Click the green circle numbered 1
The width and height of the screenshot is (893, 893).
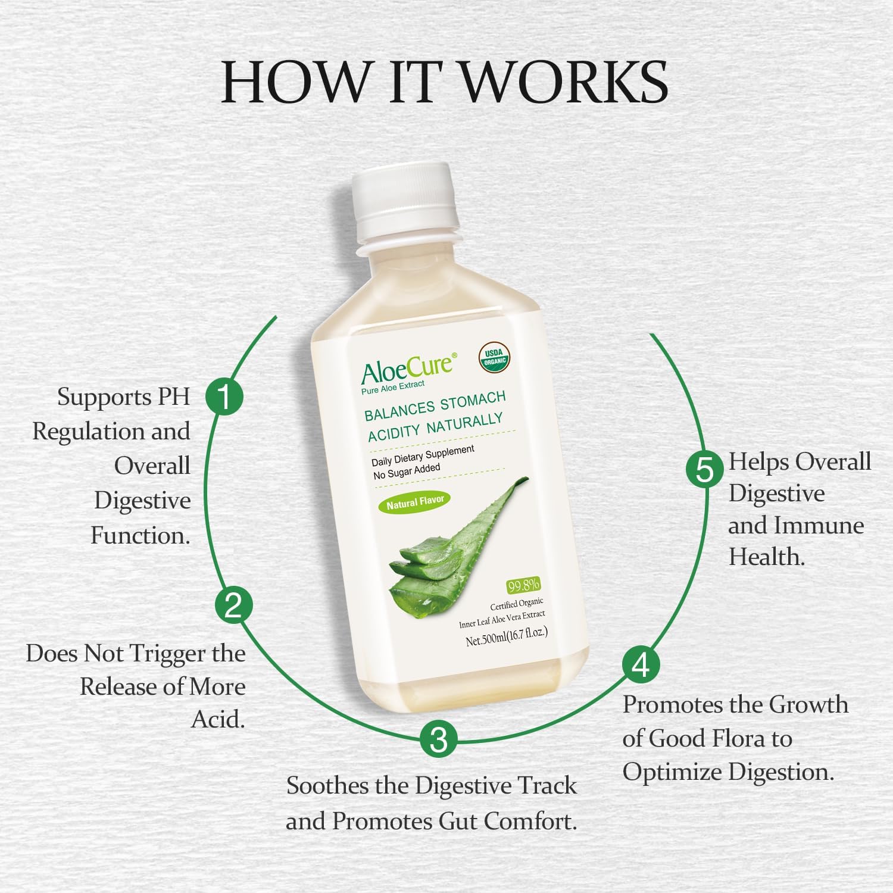[224, 396]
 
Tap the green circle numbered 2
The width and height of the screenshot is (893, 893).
[233, 605]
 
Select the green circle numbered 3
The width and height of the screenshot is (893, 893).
[439, 740]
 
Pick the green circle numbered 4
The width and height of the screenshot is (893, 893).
[641, 665]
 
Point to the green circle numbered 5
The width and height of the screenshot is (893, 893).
[705, 469]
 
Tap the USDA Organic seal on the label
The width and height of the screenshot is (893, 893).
[494, 357]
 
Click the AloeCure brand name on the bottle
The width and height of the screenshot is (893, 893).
[407, 367]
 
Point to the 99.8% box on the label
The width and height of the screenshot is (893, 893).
[523, 586]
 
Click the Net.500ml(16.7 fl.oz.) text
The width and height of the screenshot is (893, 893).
[506, 636]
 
